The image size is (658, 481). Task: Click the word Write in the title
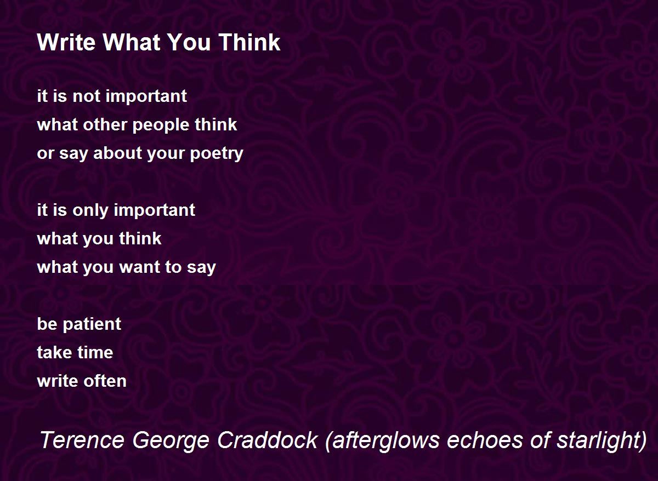click(66, 42)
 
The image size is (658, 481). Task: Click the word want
click(139, 267)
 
